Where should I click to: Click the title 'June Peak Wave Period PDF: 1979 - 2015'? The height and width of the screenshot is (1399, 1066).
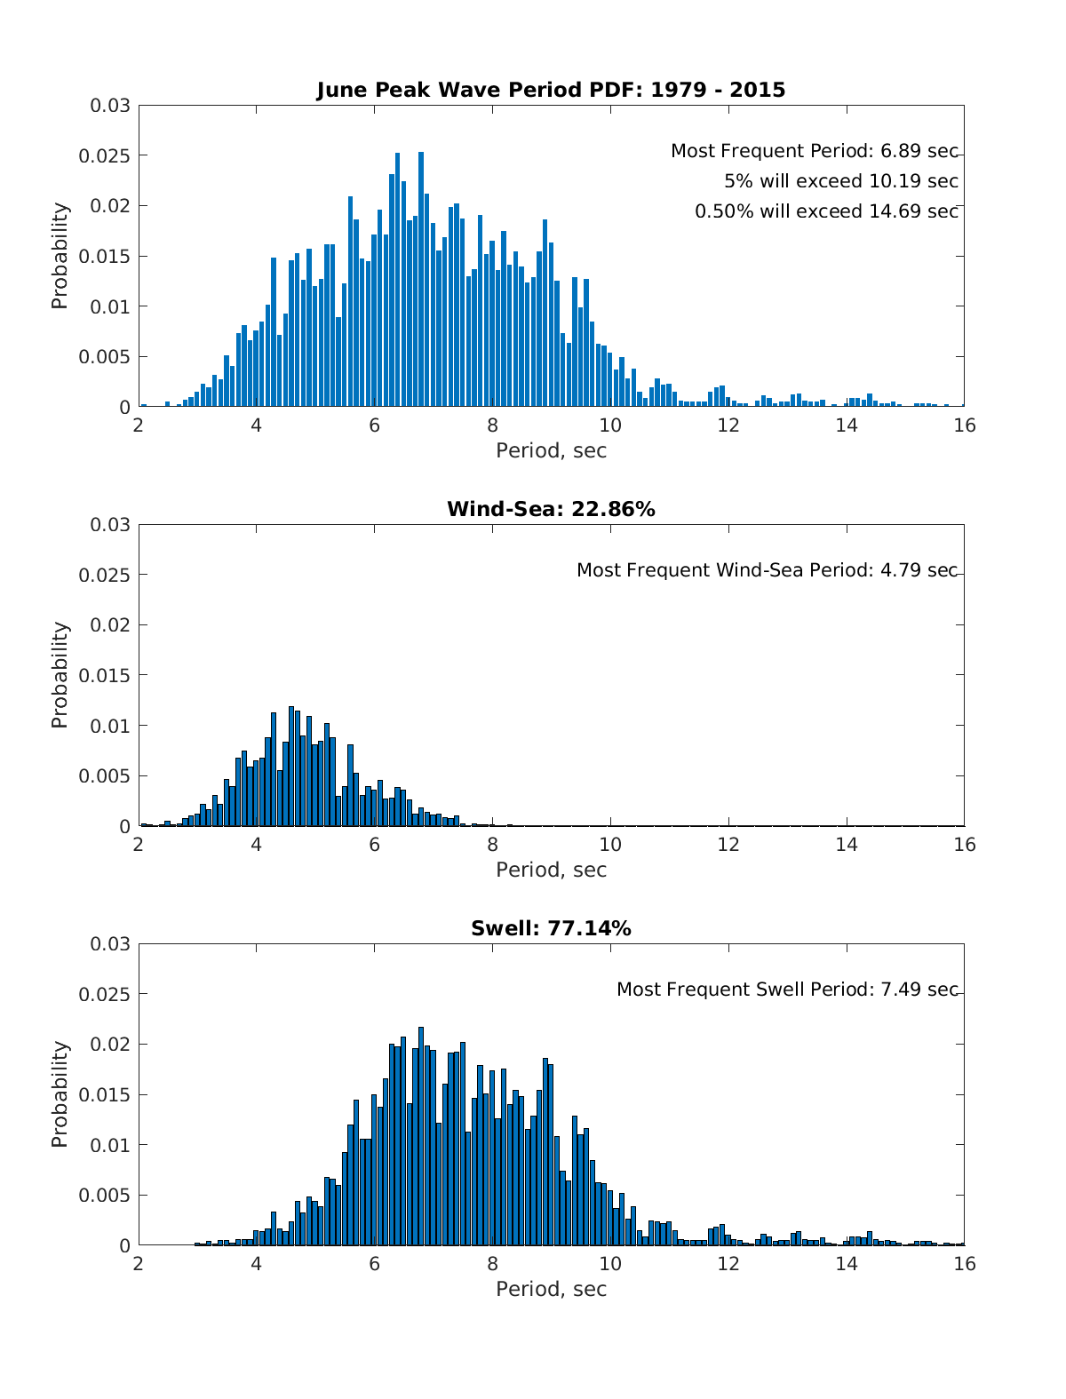(x=551, y=90)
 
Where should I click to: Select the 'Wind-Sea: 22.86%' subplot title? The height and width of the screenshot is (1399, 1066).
(x=551, y=509)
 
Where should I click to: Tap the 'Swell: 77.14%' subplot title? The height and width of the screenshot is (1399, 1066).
(x=551, y=928)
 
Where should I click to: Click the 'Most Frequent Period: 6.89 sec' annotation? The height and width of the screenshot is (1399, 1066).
(x=814, y=151)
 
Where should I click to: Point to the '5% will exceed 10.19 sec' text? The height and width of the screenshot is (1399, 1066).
(x=840, y=181)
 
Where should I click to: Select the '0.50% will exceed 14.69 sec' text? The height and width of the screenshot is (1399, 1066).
(x=826, y=211)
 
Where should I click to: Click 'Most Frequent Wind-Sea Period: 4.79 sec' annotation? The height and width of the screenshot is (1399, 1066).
(x=767, y=570)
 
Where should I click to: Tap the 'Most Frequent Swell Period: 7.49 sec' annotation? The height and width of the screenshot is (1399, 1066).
(x=787, y=990)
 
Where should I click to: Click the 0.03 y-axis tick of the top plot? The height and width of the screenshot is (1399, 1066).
(x=110, y=106)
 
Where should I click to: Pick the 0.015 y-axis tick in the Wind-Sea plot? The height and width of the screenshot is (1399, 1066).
(x=105, y=676)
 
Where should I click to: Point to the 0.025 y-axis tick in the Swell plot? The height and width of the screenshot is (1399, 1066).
(x=105, y=994)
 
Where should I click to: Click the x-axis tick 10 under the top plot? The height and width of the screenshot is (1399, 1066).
(x=610, y=425)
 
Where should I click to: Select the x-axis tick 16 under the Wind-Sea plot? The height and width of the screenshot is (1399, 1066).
(x=964, y=844)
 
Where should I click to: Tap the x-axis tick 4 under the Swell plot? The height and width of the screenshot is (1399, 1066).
(x=257, y=1263)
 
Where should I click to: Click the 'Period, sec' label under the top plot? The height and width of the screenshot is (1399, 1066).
(x=551, y=450)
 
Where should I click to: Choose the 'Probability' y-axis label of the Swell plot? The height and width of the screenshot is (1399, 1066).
(x=60, y=1094)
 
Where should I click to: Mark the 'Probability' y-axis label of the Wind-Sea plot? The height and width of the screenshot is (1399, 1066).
(x=60, y=675)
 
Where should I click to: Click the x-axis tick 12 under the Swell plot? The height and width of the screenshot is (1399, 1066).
(x=728, y=1263)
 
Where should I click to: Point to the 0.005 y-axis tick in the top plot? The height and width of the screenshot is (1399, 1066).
(x=105, y=357)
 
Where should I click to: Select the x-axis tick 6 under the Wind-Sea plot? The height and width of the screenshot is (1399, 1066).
(x=374, y=844)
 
